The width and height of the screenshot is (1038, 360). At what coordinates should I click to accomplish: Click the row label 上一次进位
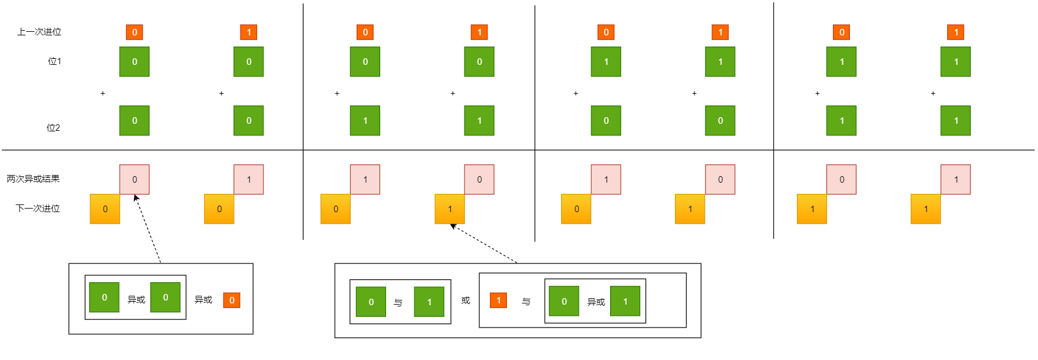[x=39, y=32]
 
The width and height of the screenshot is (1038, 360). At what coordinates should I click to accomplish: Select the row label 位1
[x=54, y=61]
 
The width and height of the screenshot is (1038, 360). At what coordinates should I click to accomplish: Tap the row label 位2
[x=53, y=128]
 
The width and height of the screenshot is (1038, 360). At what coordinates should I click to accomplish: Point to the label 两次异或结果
[x=33, y=179]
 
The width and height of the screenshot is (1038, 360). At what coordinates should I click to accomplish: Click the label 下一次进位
[x=38, y=209]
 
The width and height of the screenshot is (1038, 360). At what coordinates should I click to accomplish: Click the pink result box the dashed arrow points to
[x=134, y=179]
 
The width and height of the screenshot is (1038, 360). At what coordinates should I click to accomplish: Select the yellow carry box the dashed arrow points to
[x=450, y=209]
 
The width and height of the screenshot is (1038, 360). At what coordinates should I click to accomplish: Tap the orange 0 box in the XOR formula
[x=232, y=300]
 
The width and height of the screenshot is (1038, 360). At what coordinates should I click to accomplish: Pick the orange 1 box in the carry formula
[x=498, y=300]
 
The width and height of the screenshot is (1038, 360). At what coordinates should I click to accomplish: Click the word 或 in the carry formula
[x=466, y=300]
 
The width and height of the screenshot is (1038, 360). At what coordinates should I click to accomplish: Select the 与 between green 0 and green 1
[x=398, y=302]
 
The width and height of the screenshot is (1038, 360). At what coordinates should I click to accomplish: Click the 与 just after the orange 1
[x=526, y=302]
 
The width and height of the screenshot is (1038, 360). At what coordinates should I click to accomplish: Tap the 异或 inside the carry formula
[x=596, y=302]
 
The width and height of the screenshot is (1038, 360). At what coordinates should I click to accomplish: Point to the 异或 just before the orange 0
[x=203, y=300]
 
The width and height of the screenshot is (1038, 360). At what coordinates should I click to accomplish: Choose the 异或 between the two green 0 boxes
[x=136, y=300]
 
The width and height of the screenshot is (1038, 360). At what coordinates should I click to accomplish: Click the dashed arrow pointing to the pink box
[x=148, y=230]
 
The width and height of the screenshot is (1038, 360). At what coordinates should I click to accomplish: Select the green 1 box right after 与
[x=429, y=302]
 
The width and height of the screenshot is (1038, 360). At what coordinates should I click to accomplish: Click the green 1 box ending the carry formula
[x=625, y=301]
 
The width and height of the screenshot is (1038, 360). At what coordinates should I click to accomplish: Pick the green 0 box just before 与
[x=371, y=302]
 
